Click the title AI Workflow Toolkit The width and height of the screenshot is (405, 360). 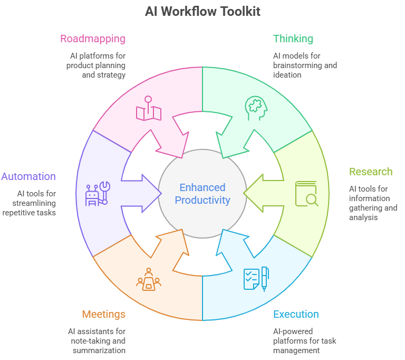click(x=202, y=11)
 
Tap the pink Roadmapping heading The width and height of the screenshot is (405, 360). click(x=93, y=39)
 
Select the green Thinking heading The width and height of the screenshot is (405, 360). click(x=293, y=39)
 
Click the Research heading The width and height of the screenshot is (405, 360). click(x=371, y=172)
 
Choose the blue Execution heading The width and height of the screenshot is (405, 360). click(x=296, y=314)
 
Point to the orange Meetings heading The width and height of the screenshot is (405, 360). click(x=104, y=314)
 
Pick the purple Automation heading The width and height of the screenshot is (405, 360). click(x=28, y=176)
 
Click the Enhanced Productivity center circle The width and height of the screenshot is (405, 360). click(x=202, y=194)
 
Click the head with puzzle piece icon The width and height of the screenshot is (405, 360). click(x=256, y=107)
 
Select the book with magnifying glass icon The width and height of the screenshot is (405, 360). click(x=306, y=194)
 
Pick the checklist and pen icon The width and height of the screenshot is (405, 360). click(x=256, y=279)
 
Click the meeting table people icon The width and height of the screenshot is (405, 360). click(x=149, y=279)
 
